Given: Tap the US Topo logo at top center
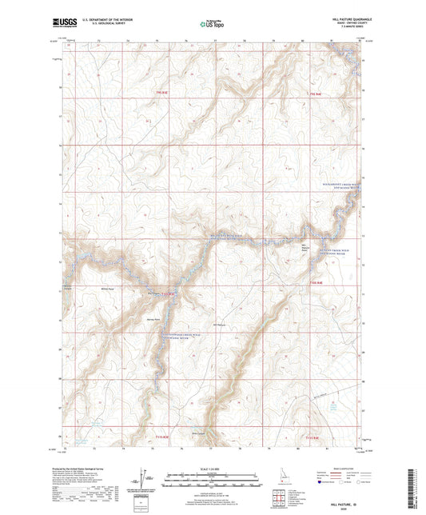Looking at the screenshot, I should [212, 24].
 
